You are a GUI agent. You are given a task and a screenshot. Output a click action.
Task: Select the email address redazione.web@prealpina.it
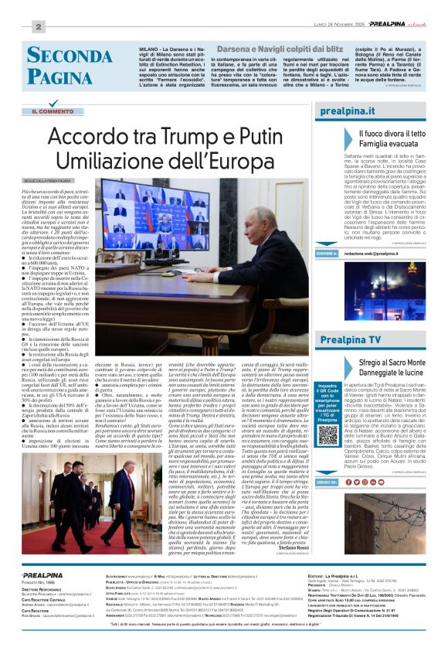pyautogui.click(x=375, y=275)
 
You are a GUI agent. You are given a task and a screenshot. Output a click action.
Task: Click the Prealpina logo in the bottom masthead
pyautogui.click(x=38, y=576)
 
